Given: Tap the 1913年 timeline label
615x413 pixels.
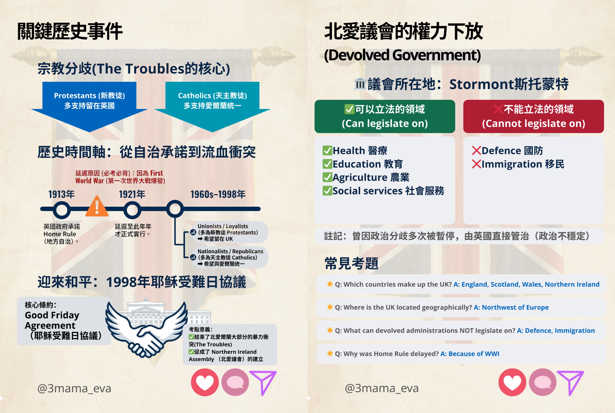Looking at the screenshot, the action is point(61,194).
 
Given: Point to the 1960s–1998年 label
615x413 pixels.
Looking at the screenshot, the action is point(218,194).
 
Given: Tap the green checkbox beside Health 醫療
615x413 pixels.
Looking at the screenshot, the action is point(327,151).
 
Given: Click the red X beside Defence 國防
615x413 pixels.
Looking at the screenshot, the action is point(476,151).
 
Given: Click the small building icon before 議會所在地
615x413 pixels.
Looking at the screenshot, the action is point(360,84).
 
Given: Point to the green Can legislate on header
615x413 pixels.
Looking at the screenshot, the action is point(385,116).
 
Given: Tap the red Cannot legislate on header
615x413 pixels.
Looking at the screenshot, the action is point(533,116).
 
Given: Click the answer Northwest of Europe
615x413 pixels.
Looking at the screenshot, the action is point(511,307).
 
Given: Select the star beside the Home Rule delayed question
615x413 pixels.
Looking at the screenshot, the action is point(330,354).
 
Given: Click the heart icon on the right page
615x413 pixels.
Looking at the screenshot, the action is point(512,382).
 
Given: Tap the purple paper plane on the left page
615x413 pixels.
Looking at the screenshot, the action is point(263,382).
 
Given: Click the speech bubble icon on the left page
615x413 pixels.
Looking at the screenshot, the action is point(235,382).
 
